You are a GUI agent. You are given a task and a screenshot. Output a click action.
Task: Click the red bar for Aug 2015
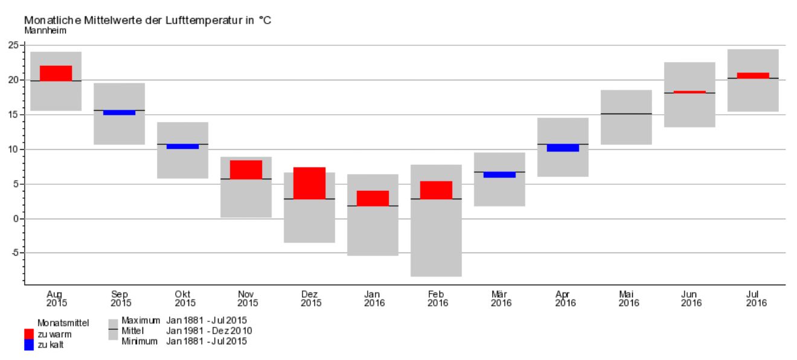(x=56, y=73)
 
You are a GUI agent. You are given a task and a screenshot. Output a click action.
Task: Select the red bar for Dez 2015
(x=309, y=183)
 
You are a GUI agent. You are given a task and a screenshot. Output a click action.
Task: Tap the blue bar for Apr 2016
(x=563, y=148)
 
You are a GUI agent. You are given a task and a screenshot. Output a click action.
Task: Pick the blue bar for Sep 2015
(x=119, y=113)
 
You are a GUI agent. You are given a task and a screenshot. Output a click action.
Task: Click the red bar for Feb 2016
(x=436, y=190)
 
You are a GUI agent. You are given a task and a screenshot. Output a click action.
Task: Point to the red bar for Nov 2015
(x=246, y=170)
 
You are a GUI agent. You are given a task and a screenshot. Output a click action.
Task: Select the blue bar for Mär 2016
(x=499, y=175)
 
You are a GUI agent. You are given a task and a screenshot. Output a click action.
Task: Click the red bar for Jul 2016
(x=753, y=76)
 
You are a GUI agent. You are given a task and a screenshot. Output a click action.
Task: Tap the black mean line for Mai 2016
(x=626, y=114)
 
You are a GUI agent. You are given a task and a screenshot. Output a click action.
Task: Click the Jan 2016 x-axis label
(x=374, y=298)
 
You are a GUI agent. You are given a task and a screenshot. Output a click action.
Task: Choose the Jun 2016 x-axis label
(x=691, y=298)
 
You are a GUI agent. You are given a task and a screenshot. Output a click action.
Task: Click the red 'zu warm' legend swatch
(x=29, y=334)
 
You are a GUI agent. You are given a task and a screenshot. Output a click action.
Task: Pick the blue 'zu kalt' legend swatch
(x=29, y=345)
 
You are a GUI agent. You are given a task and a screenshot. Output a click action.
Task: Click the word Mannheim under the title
(x=45, y=30)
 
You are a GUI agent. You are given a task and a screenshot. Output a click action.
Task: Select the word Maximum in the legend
(x=141, y=320)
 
